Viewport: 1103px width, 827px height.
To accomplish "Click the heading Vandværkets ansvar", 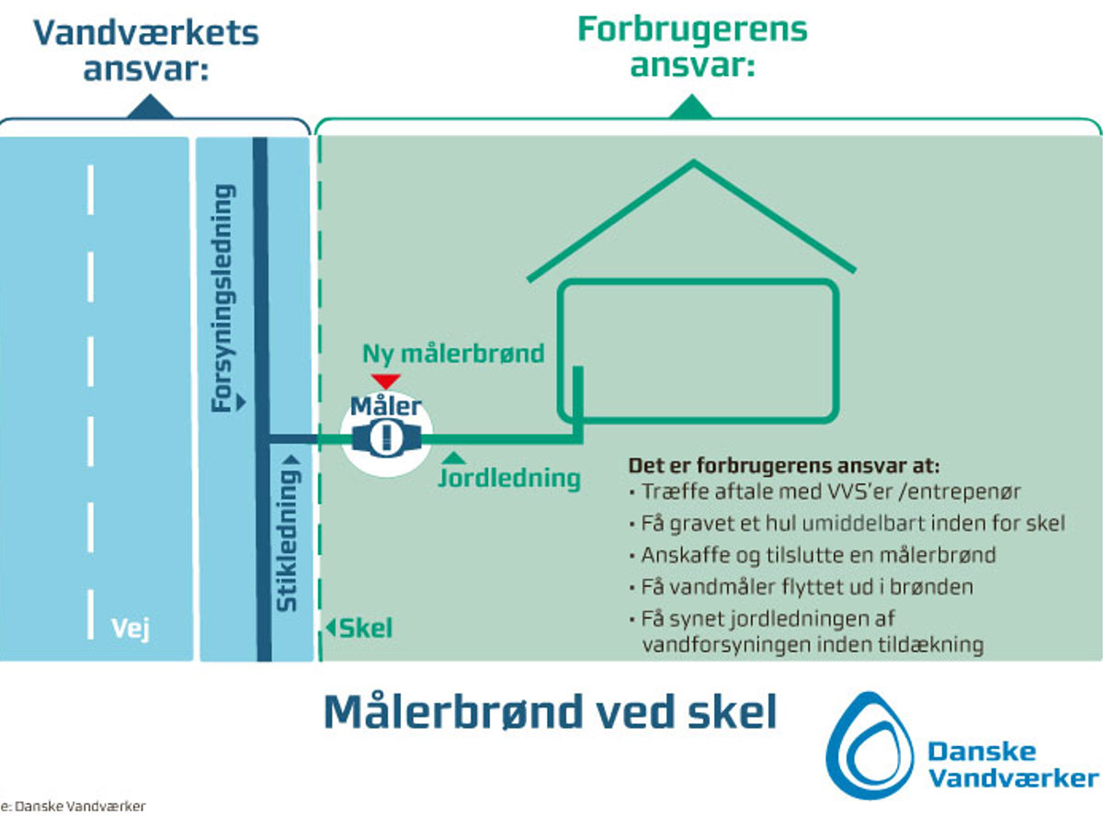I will click(x=146, y=50).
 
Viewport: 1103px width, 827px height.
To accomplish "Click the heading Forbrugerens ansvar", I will click(x=691, y=46).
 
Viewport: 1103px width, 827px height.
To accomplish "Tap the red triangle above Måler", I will click(x=384, y=380).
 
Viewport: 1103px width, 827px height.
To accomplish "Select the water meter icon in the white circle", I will click(x=387, y=436).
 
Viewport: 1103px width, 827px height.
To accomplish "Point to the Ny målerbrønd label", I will click(x=453, y=353).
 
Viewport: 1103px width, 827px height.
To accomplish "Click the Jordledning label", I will click(x=509, y=478).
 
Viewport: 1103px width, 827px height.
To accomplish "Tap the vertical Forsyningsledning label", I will click(x=224, y=294).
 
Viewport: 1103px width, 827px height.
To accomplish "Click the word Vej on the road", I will click(x=130, y=629).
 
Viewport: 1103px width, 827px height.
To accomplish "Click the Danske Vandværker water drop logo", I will click(x=868, y=744).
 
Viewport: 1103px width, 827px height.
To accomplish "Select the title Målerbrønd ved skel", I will click(x=550, y=712).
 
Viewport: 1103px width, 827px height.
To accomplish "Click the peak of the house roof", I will click(x=693, y=164).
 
